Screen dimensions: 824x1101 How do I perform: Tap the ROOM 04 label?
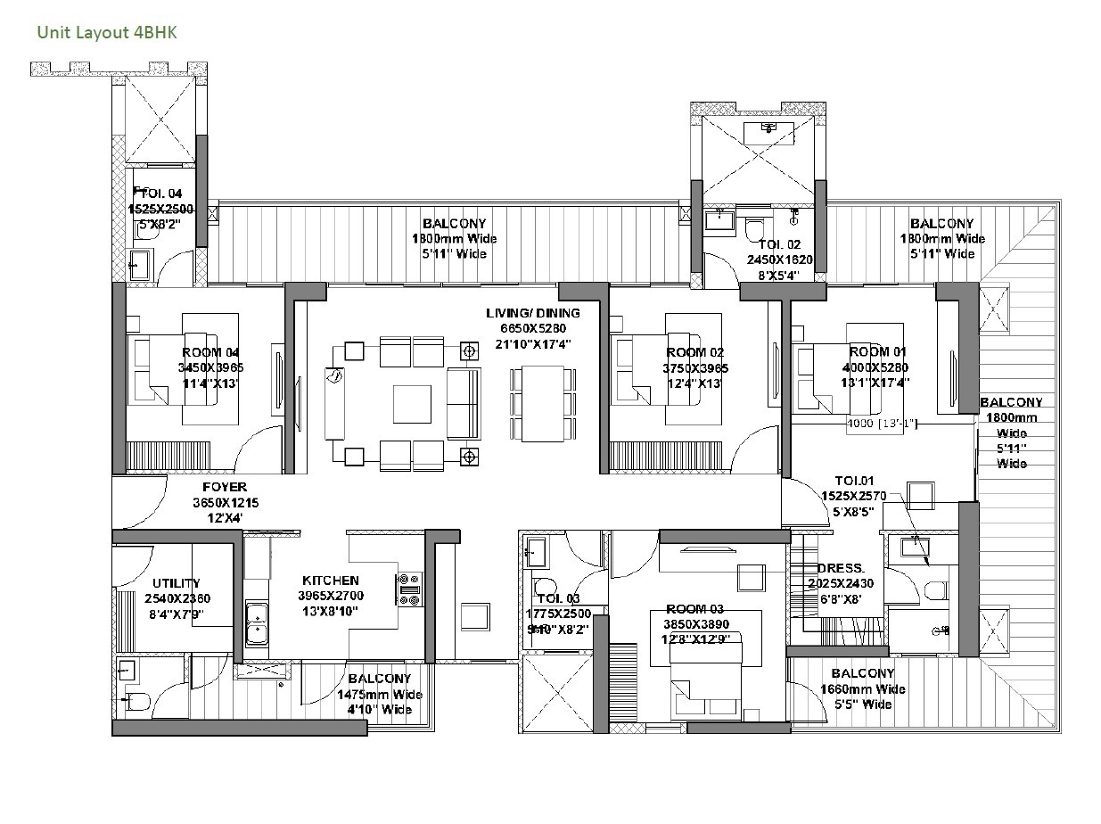(210, 352)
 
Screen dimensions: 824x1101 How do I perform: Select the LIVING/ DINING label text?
(532, 313)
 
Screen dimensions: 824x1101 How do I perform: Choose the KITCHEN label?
(330, 581)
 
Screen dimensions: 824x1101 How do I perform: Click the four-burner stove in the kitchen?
(409, 589)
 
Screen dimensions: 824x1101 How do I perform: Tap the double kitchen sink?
(258, 622)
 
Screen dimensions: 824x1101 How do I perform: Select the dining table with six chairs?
(543, 403)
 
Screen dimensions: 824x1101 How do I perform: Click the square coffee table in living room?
(414, 403)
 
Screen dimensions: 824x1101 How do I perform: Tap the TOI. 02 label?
(779, 244)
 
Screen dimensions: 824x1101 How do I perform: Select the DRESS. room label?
(841, 568)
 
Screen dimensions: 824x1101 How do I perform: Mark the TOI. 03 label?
(558, 598)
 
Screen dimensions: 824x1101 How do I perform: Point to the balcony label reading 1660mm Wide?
(862, 688)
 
